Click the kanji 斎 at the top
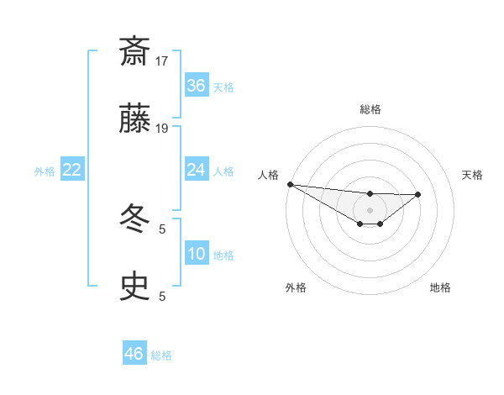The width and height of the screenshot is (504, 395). click(x=135, y=51)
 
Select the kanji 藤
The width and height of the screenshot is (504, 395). click(x=135, y=118)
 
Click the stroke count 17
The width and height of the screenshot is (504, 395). click(x=163, y=61)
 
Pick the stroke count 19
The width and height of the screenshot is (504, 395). click(x=163, y=128)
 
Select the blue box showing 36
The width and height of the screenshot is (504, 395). click(x=197, y=86)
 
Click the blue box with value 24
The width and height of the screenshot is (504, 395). click(x=197, y=170)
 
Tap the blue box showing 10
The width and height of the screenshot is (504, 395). click(x=197, y=254)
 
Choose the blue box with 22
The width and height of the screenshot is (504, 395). click(x=72, y=170)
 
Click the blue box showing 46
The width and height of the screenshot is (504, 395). click(x=134, y=354)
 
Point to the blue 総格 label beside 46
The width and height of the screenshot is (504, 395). click(x=161, y=355)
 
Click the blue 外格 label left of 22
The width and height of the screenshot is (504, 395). click(x=45, y=171)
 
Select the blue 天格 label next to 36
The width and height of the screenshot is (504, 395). click(x=223, y=87)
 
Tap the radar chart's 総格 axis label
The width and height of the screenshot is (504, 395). click(x=370, y=109)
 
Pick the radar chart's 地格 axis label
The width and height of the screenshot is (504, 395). click(x=440, y=287)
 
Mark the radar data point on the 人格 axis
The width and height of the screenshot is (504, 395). click(x=290, y=184)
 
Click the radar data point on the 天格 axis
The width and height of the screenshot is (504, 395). click(x=418, y=194)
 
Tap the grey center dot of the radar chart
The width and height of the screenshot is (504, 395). click(x=370, y=209)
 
